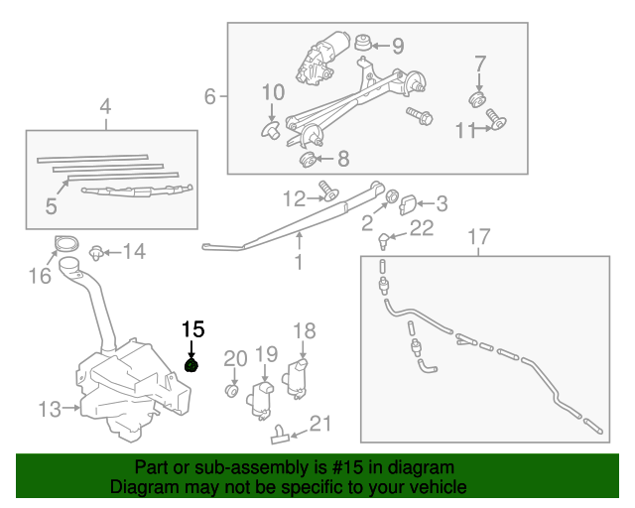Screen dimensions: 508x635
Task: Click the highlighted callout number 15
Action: coord(191,328)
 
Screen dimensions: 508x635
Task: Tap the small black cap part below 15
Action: coord(191,366)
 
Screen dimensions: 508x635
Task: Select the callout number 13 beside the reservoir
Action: coord(50,408)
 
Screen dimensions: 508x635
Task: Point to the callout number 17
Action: coord(479,237)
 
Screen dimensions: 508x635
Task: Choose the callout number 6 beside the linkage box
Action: coord(209,97)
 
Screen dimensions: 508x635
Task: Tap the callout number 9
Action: coord(398,46)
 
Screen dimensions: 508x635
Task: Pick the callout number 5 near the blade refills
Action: coord(52,205)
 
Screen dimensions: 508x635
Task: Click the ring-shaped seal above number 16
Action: coord(64,244)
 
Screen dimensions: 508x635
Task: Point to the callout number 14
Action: coord(133,252)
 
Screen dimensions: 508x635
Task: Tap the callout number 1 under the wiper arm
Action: coord(298,263)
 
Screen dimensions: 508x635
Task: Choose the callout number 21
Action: coord(318,425)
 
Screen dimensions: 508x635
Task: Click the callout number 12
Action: coord(295,198)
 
